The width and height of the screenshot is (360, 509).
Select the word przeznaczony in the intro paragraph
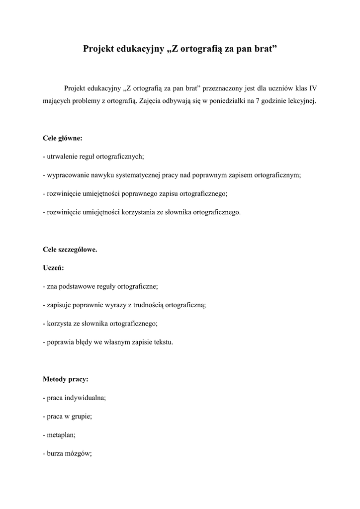click(x=225, y=88)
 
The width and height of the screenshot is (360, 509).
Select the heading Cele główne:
click(x=63, y=138)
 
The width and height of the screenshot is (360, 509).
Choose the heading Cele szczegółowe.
click(x=70, y=250)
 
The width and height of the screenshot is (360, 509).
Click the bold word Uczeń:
click(x=53, y=268)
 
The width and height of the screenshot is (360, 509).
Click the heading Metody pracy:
click(x=66, y=379)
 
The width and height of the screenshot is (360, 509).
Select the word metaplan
click(x=60, y=434)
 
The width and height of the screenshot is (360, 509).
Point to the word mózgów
click(x=80, y=453)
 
